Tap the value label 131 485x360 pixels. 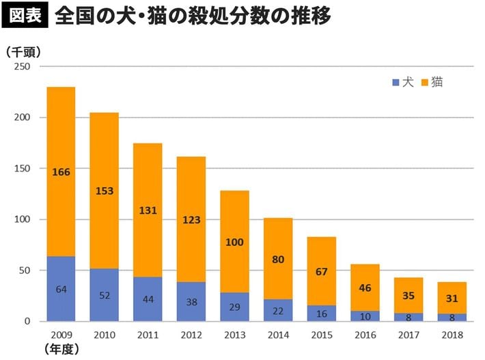(x=148, y=210)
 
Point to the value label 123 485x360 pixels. (x=191, y=221)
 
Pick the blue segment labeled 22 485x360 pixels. (x=277, y=310)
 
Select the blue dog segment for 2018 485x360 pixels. (x=452, y=317)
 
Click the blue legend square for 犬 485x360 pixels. (x=396, y=83)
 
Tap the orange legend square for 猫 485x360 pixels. (x=424, y=83)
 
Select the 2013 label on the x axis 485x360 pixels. (x=234, y=334)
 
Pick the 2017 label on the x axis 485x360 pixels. (x=408, y=334)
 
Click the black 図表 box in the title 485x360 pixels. (x=26, y=16)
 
